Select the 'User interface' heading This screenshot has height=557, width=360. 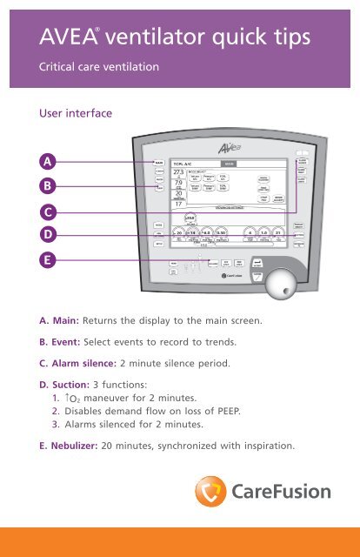tap(67, 111)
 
